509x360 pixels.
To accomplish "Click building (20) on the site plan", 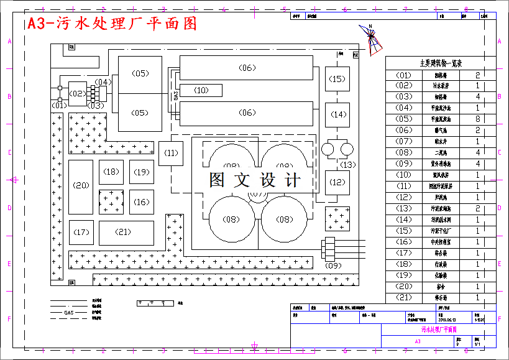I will click(81, 185).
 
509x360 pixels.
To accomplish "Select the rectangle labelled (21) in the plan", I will click(126, 233).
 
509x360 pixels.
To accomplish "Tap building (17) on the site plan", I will click(81, 233).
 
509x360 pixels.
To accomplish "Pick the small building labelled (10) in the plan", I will click(201, 90).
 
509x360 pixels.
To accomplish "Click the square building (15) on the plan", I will click(337, 79).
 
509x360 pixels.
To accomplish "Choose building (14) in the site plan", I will click(337, 115).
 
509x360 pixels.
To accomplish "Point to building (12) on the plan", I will click(337, 182).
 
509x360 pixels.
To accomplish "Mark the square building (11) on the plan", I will click(171, 153).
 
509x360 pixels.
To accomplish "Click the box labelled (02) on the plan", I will click(78, 94).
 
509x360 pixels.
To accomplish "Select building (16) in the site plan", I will click(142, 201).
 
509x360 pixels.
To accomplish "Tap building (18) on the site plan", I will click(111, 172).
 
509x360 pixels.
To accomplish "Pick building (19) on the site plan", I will click(142, 172).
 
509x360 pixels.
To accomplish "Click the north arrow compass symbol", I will click(371, 40).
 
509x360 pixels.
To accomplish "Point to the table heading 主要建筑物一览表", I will click(441, 63).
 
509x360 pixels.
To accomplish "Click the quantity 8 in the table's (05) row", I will click(477, 119).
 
